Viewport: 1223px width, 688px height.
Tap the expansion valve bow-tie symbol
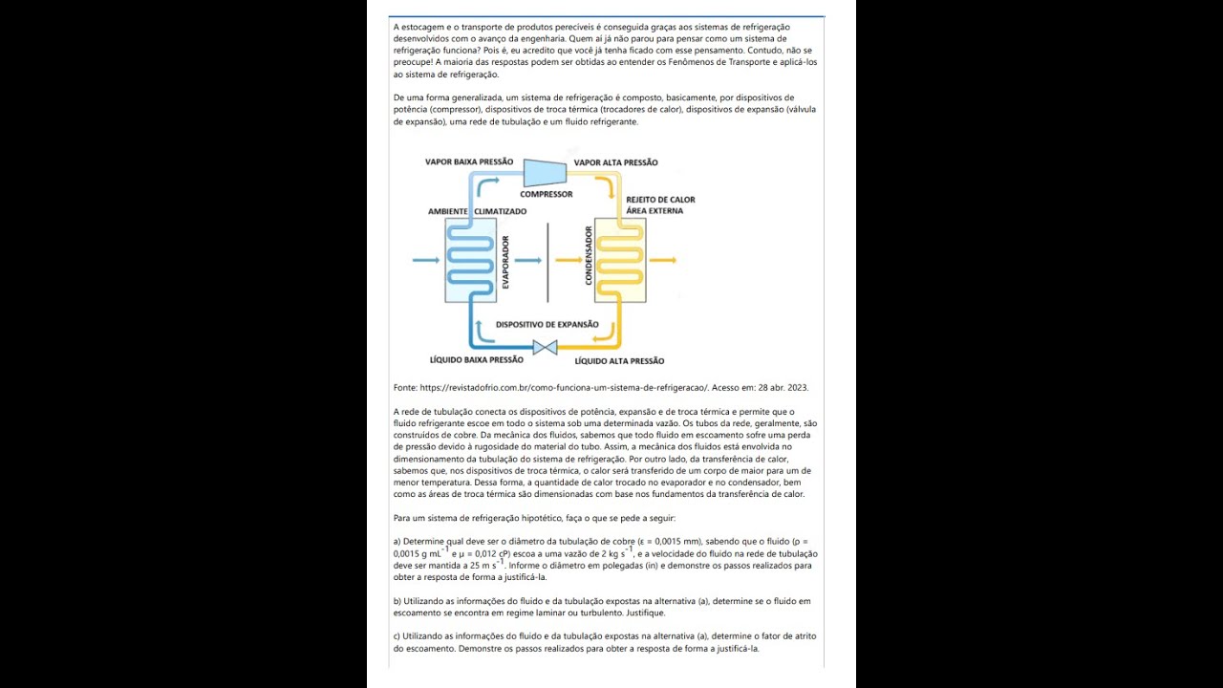pyautogui.click(x=546, y=348)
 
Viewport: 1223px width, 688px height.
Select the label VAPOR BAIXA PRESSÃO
pyautogui.click(x=469, y=162)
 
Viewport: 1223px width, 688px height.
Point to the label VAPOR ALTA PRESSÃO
pyautogui.click(x=615, y=162)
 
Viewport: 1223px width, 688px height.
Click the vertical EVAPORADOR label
pyautogui.click(x=505, y=262)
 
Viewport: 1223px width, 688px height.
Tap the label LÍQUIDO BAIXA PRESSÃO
pyautogui.click(x=477, y=360)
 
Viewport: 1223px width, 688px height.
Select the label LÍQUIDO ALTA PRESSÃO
pyautogui.click(x=619, y=361)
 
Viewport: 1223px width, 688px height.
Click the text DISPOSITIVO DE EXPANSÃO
pyautogui.click(x=547, y=325)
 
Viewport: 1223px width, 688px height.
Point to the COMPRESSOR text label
pyautogui.click(x=547, y=194)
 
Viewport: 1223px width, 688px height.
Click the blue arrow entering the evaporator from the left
pyautogui.click(x=425, y=260)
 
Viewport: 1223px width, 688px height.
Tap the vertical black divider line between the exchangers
pyautogui.click(x=547, y=262)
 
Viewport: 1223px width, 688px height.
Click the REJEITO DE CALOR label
pyautogui.click(x=660, y=200)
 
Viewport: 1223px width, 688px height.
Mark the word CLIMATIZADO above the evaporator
pyautogui.click(x=500, y=211)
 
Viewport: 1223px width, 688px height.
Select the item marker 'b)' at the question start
pyautogui.click(x=397, y=601)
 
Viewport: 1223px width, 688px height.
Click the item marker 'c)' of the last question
pyautogui.click(x=397, y=636)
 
